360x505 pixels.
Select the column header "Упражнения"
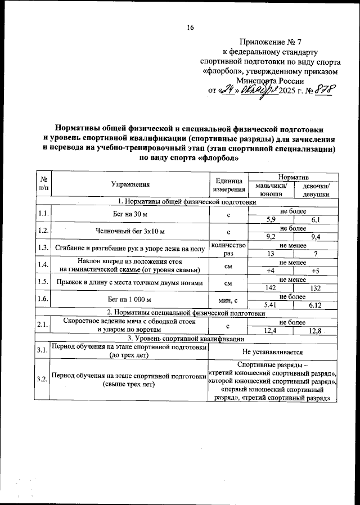coord(130,184)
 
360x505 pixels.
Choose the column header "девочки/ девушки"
coord(316,190)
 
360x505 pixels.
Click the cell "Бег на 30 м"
coord(130,215)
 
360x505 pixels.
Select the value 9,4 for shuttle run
coord(316,236)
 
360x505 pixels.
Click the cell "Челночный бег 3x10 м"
coord(130,232)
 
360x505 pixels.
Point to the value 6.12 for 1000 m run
coord(316,305)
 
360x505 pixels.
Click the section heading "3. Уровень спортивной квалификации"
coord(185,339)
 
